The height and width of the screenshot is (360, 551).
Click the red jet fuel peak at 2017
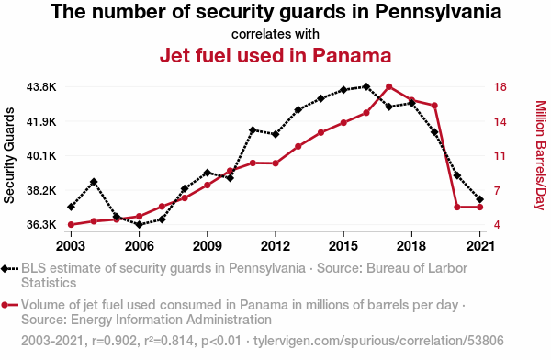[x=389, y=87]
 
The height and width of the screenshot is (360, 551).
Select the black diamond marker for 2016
[x=366, y=86]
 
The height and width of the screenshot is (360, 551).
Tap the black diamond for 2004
[x=94, y=182]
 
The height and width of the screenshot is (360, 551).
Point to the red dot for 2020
[x=457, y=207]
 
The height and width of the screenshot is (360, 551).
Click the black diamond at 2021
[x=479, y=199]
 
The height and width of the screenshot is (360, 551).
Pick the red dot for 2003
[x=71, y=225]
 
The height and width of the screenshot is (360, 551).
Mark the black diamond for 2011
[x=253, y=130]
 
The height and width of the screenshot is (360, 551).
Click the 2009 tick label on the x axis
[x=207, y=246]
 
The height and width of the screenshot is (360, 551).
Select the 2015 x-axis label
[x=343, y=246]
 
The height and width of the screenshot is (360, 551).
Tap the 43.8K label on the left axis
[x=41, y=87]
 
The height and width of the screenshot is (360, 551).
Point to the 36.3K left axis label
[x=41, y=225]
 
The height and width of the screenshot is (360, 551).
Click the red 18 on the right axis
[x=500, y=87]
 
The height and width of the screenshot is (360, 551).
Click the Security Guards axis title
[x=9, y=155]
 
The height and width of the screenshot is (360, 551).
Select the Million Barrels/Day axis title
[x=541, y=155]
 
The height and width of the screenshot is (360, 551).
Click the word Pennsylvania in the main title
[x=438, y=11]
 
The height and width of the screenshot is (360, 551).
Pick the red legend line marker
[x=9, y=305]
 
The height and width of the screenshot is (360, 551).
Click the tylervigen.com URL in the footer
[x=378, y=341]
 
